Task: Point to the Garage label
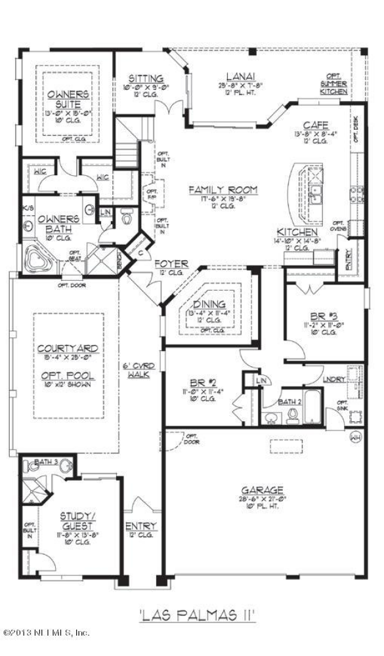click(x=262, y=489)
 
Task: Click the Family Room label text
click(x=223, y=190)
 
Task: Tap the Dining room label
click(x=209, y=304)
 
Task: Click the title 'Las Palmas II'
click(x=197, y=615)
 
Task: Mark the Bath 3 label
click(x=46, y=462)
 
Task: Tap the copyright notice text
click(x=46, y=633)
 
